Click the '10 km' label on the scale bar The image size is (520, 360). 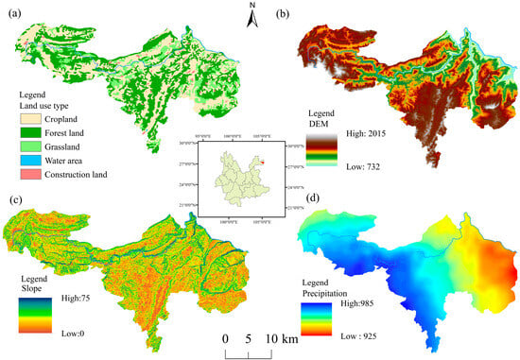pyautogui.click(x=282, y=338)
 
